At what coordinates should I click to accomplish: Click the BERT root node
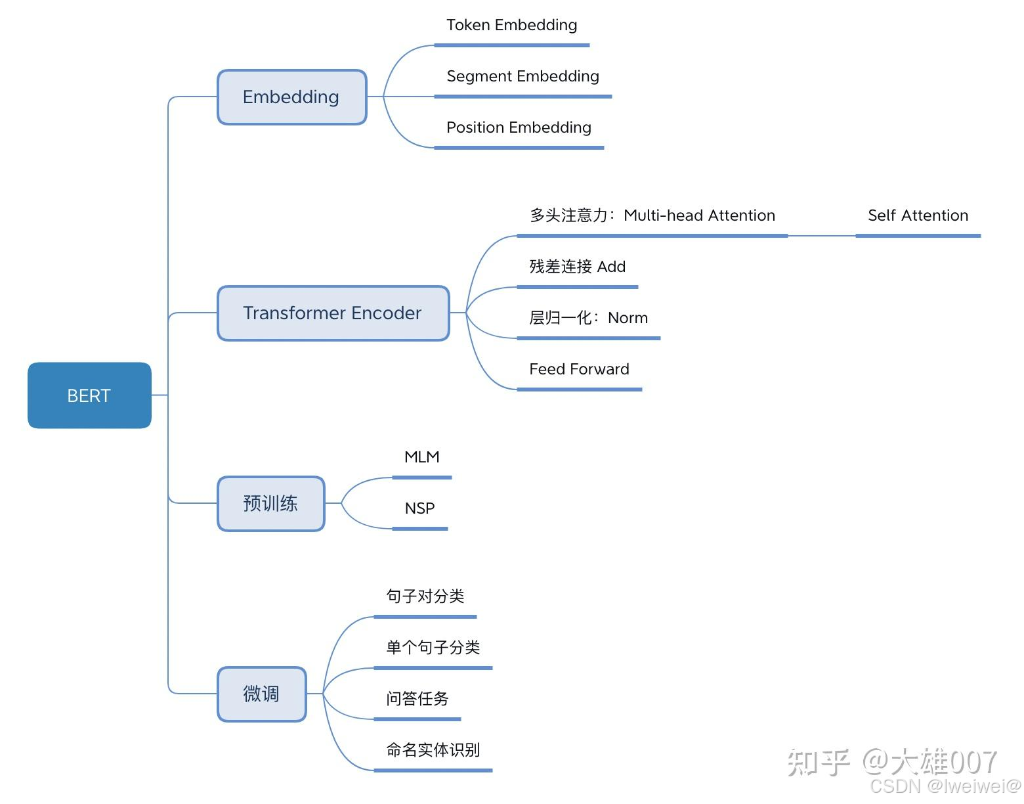pyautogui.click(x=89, y=395)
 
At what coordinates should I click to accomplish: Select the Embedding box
pyautogui.click(x=291, y=97)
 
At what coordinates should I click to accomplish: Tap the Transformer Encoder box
pyautogui.click(x=333, y=313)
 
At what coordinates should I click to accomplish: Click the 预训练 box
pyautogui.click(x=270, y=504)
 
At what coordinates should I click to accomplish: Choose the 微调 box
pyautogui.click(x=261, y=694)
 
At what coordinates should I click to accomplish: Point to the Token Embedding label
pyautogui.click(x=511, y=26)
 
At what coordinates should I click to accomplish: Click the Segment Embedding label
pyautogui.click(x=523, y=77)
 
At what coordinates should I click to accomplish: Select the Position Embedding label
pyautogui.click(x=519, y=128)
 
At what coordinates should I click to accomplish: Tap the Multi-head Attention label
pyautogui.click(x=652, y=216)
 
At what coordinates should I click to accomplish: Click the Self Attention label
pyautogui.click(x=918, y=216)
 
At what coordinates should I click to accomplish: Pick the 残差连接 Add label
pyautogui.click(x=577, y=267)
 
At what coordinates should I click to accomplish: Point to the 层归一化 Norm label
pyautogui.click(x=588, y=319)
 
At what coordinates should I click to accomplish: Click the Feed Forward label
pyautogui.click(x=579, y=370)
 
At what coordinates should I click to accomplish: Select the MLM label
pyautogui.click(x=421, y=458)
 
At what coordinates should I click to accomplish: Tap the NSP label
pyautogui.click(x=419, y=509)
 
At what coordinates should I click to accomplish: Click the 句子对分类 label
pyautogui.click(x=425, y=597)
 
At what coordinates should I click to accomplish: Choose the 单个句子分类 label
pyautogui.click(x=433, y=648)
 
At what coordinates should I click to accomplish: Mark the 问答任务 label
pyautogui.click(x=417, y=700)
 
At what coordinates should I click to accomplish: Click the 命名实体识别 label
pyautogui.click(x=433, y=751)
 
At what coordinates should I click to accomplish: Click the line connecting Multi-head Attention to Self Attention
pyautogui.click(x=822, y=235)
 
